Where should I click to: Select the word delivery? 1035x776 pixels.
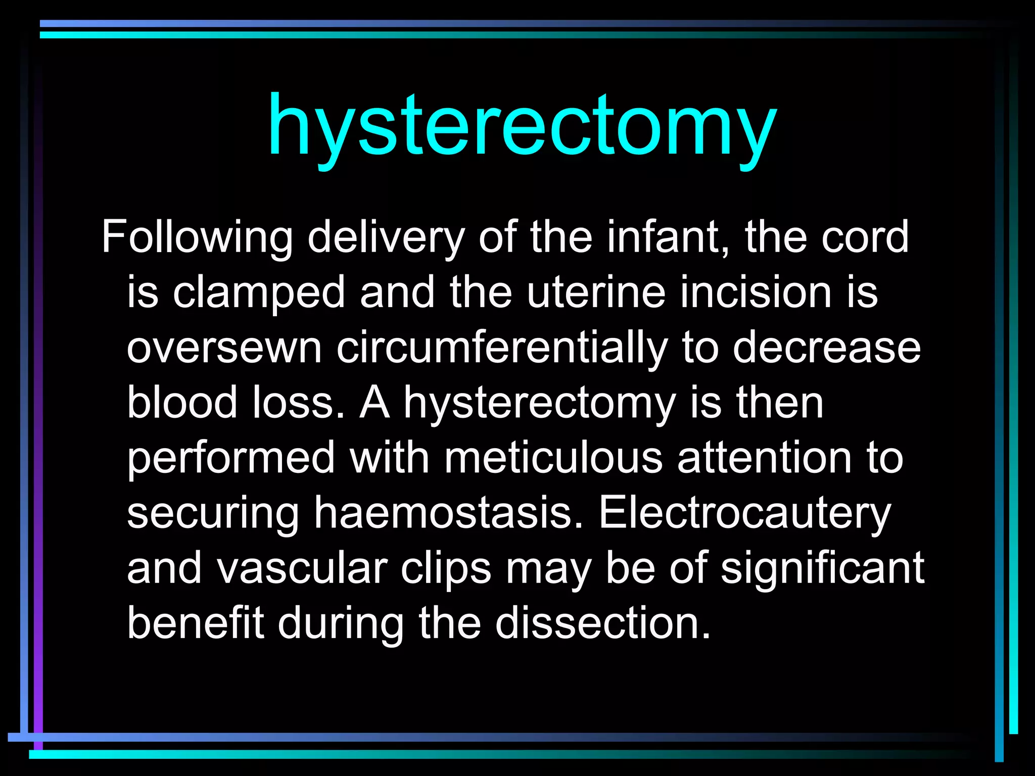click(x=386, y=237)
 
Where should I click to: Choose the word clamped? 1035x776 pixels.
click(x=259, y=293)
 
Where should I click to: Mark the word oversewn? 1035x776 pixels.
click(x=224, y=349)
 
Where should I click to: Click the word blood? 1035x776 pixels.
click(x=182, y=403)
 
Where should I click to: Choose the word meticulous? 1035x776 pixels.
click(x=553, y=458)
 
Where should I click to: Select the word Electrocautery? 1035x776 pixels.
click(x=745, y=514)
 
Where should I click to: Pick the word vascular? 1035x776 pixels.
click(x=302, y=568)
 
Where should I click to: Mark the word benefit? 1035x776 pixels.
click(x=196, y=623)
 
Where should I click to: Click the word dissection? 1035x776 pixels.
click(x=603, y=623)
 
